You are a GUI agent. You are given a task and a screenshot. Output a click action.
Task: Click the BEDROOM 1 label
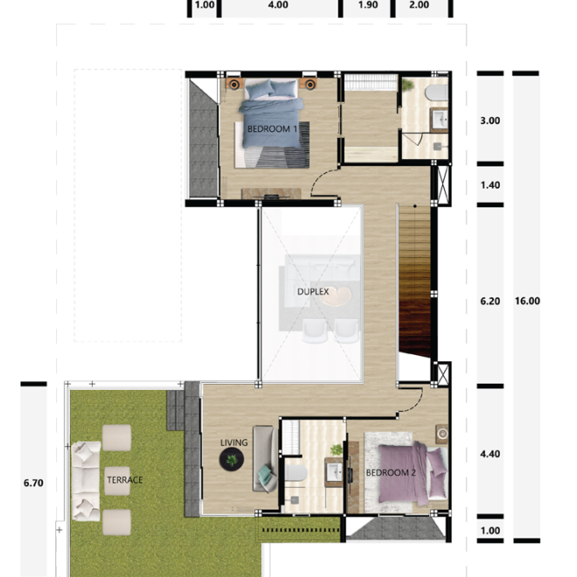(273, 129)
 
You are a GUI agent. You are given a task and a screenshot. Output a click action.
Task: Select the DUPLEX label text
(312, 292)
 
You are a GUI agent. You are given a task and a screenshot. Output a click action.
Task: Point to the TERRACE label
(124, 480)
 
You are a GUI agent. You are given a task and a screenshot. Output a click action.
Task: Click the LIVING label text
(234, 442)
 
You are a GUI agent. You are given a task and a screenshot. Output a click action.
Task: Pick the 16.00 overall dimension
(528, 301)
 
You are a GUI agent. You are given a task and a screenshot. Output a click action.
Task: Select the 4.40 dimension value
(490, 455)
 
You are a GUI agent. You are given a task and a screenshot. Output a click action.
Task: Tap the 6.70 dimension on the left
(33, 480)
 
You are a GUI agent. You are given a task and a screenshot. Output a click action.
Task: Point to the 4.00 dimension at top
(277, 5)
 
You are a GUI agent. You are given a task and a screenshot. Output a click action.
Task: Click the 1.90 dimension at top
(368, 5)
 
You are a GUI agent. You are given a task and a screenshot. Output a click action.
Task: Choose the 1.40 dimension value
(490, 185)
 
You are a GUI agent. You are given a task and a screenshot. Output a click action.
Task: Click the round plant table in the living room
(232, 461)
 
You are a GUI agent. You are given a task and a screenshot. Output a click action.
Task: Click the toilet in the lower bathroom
(295, 476)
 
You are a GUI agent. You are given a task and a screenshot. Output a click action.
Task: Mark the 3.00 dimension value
(490, 122)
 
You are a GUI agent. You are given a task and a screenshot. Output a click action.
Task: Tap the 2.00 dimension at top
(420, 5)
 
